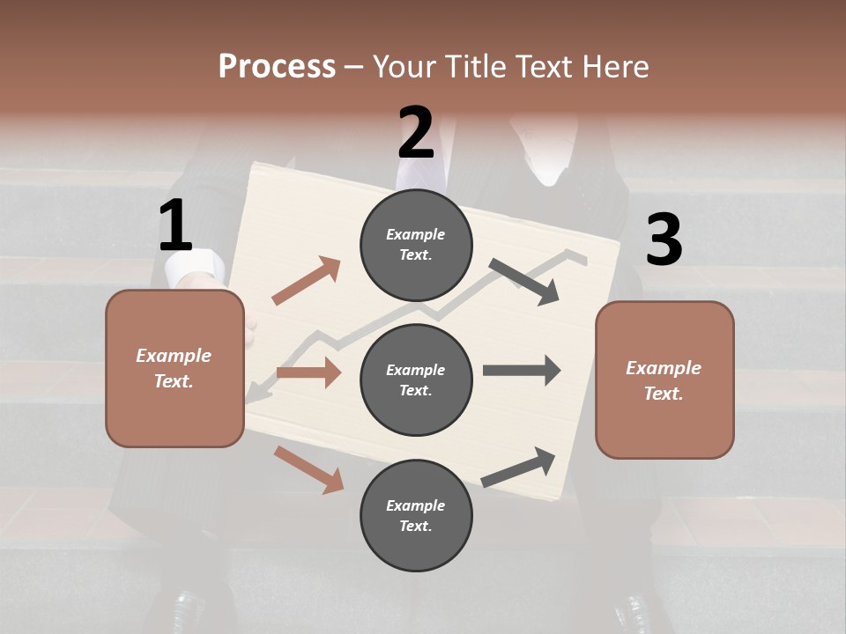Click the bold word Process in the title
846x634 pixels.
click(277, 66)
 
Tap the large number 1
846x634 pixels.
click(175, 226)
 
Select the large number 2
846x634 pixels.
click(416, 133)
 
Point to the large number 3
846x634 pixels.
click(664, 240)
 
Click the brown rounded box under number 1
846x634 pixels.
click(174, 368)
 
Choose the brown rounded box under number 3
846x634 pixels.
click(664, 380)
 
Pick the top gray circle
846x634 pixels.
click(416, 245)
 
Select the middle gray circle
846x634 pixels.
click(416, 380)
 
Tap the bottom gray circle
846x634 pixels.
click(416, 515)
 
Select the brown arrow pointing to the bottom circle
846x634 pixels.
click(309, 468)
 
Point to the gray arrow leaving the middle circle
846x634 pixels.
click(522, 370)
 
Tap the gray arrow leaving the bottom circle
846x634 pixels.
click(519, 467)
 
